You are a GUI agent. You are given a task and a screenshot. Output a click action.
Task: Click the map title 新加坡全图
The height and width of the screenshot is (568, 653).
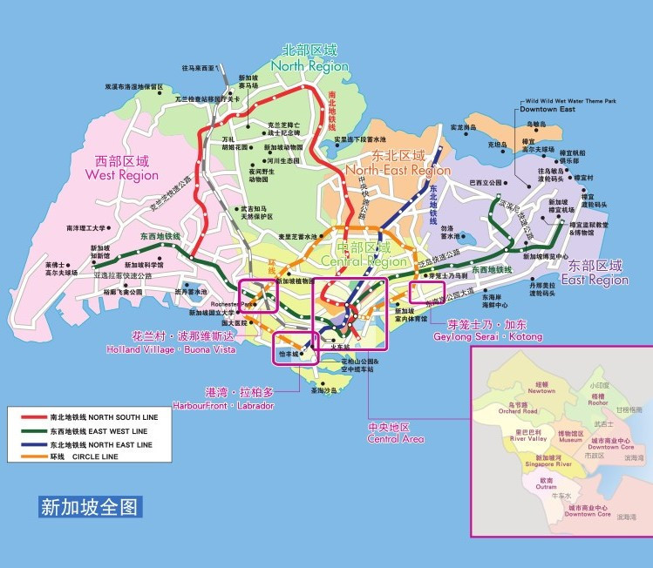pos(90,506)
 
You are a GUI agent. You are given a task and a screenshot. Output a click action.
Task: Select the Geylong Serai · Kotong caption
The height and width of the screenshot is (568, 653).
pos(493,331)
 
